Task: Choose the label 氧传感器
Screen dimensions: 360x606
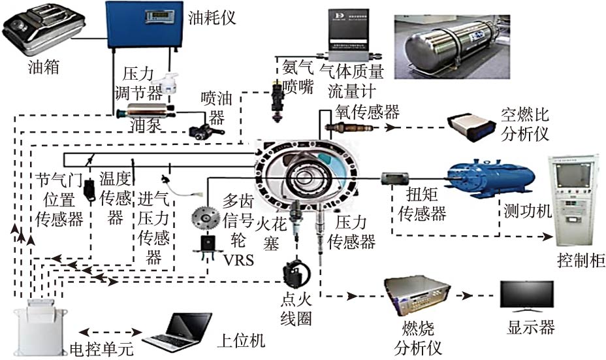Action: (x=367, y=112)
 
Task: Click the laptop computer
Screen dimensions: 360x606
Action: (x=177, y=332)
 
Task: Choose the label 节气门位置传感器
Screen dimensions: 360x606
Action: (x=59, y=197)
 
